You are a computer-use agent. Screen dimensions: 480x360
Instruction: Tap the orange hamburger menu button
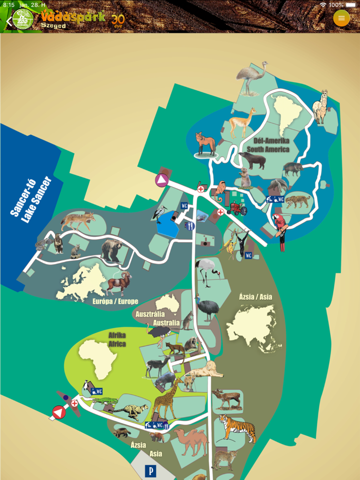(x=341, y=18)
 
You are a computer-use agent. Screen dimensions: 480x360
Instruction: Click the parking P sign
(x=151, y=470)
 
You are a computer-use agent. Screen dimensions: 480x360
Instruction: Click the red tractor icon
(x=237, y=209)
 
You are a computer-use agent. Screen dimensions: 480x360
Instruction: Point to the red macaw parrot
(x=281, y=230)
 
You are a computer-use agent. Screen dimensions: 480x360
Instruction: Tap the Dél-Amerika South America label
(x=268, y=145)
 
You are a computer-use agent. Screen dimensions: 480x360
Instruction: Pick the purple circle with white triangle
(x=162, y=180)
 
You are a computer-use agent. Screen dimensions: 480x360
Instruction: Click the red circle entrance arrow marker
(x=59, y=412)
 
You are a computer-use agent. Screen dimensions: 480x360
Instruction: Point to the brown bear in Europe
(x=112, y=250)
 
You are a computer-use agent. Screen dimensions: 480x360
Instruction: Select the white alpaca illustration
(x=320, y=107)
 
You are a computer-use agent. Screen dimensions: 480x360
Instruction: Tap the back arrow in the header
(x=9, y=22)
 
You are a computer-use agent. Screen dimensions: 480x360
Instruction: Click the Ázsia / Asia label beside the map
(x=255, y=297)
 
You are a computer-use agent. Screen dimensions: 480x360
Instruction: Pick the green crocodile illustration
(x=106, y=400)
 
